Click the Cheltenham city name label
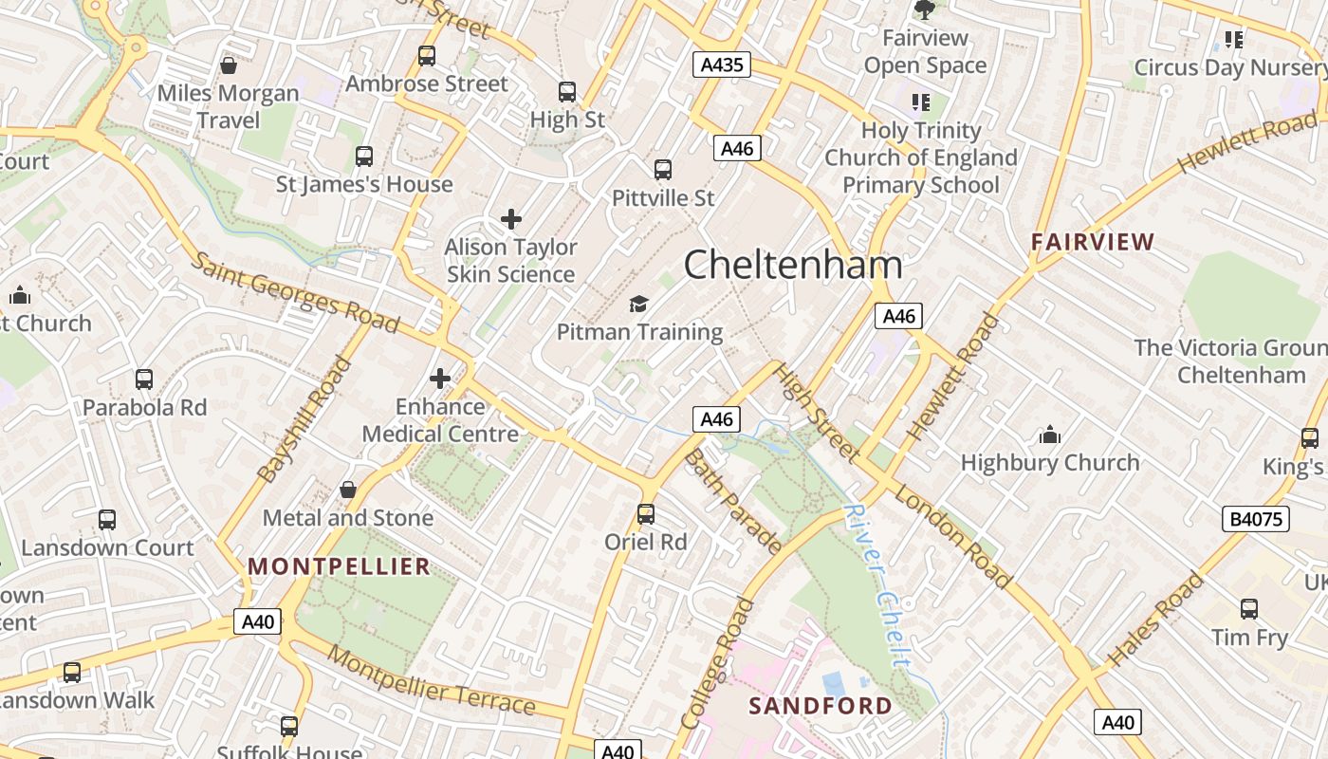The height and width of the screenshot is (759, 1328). tap(793, 264)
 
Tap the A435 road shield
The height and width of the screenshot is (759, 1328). tap(721, 65)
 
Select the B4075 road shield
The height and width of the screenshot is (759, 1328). tap(1255, 519)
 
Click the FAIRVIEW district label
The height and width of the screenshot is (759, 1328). tap(1093, 242)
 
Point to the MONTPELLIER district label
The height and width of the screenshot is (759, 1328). tap(340, 566)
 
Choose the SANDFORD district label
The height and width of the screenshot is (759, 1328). tap(821, 706)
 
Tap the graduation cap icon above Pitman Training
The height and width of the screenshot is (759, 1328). tap(639, 305)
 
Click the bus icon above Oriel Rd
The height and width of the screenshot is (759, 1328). tap(646, 514)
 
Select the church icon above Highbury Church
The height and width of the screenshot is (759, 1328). tap(1050, 435)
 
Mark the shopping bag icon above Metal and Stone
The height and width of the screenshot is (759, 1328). tap(348, 491)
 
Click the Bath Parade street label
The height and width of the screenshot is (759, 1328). tap(733, 502)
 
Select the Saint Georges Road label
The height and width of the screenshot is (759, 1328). tap(295, 292)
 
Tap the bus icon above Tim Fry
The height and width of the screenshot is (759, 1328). tap(1249, 609)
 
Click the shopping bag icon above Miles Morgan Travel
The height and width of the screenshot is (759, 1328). tap(228, 65)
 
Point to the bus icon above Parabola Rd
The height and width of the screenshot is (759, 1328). tap(144, 379)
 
